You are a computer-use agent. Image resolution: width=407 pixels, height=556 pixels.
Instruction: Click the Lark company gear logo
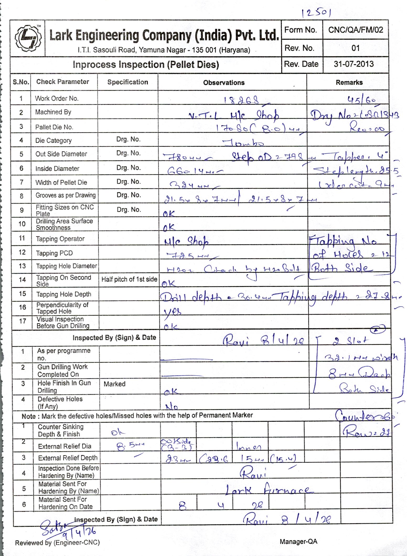point(28,38)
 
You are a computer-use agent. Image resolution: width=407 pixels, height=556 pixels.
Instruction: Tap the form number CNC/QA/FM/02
point(356,30)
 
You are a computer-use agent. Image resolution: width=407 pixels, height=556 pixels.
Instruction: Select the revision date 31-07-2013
point(354,64)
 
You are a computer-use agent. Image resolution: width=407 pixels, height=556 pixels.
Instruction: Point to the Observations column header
point(224,83)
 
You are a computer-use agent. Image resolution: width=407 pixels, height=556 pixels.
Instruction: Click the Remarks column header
point(349,83)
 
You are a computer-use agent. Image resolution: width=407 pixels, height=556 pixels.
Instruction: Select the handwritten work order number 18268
point(242,100)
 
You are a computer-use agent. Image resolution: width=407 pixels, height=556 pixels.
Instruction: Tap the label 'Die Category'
point(53,141)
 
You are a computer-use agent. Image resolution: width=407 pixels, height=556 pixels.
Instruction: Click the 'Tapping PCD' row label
point(54,253)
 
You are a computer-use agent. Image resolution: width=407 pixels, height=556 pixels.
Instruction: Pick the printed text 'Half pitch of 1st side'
point(129,279)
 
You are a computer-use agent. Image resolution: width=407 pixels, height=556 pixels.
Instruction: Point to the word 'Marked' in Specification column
point(114,384)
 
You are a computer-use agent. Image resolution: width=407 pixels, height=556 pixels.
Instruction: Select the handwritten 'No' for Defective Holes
point(172,407)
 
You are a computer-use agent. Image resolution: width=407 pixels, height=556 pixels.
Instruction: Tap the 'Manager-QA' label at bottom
point(298,542)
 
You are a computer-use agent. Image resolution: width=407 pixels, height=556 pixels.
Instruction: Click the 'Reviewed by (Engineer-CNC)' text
point(57,543)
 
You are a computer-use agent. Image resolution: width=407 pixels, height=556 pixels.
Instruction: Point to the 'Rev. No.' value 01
point(355,48)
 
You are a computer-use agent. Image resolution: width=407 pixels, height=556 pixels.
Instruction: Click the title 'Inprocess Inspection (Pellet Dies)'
point(146,65)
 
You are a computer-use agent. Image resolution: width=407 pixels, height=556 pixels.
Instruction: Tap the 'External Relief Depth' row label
point(68,458)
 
